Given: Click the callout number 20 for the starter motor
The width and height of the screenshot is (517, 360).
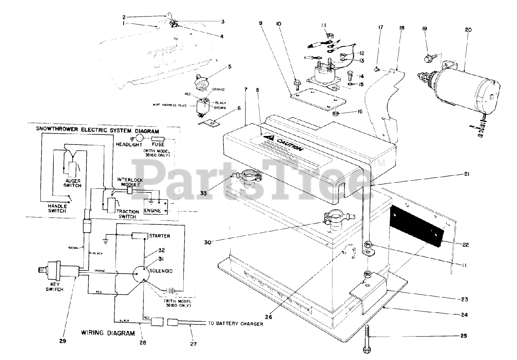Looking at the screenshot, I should point(468,30).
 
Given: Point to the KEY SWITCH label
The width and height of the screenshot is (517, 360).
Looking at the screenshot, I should point(54,287).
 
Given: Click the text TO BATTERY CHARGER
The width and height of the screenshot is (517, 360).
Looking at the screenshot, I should point(235,324).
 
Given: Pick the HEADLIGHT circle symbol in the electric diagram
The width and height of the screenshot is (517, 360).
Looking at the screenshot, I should point(140,138).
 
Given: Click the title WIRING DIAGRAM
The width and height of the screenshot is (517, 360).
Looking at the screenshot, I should point(108,333).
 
